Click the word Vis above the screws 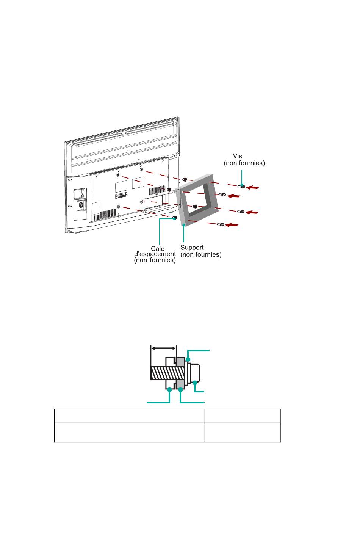click(x=237, y=156)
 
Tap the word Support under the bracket click(x=192, y=248)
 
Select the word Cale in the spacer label click(x=158, y=249)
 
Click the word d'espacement click(x=155, y=254)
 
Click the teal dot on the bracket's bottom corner click(x=184, y=225)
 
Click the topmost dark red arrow click(x=253, y=187)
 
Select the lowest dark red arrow click(x=232, y=225)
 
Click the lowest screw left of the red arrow click(x=221, y=224)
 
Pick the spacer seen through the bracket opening click(x=195, y=206)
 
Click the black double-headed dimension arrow click(x=163, y=348)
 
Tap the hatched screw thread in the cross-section click(x=168, y=373)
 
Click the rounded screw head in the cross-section click(x=195, y=373)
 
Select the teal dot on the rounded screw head click(x=195, y=383)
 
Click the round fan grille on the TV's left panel click(x=81, y=205)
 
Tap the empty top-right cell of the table click(x=242, y=416)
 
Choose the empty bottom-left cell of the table click(x=129, y=432)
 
